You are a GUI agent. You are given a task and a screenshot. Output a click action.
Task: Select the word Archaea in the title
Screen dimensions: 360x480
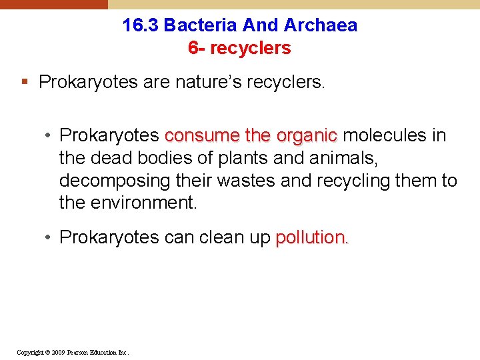[321, 25]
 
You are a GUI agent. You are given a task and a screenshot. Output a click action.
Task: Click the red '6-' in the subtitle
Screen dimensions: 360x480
[196, 48]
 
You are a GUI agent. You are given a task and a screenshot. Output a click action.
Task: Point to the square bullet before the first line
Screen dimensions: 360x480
[25, 83]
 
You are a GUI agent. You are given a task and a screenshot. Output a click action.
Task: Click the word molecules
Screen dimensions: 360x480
[386, 136]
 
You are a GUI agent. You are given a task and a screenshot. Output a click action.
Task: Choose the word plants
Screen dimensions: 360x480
[227, 159]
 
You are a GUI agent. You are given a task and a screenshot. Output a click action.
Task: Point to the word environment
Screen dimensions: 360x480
[143, 203]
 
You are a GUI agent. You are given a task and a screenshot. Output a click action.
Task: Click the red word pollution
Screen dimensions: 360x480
[311, 237]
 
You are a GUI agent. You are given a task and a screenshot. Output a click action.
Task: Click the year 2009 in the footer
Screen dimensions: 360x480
[57, 352]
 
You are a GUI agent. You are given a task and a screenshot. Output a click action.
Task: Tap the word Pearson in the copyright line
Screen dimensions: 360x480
[77, 352]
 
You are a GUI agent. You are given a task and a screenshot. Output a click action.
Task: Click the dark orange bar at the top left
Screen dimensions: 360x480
[53, 4]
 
